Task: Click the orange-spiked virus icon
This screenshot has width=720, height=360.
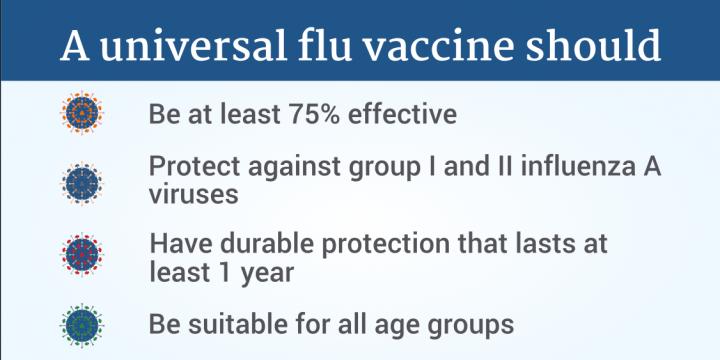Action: [82, 113]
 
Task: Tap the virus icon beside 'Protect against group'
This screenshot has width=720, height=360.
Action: [82, 184]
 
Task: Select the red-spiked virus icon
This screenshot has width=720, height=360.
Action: [82, 254]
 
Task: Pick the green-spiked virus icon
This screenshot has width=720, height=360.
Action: [82, 325]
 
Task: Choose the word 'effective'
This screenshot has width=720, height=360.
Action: [402, 114]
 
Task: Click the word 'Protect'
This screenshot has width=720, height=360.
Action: [195, 166]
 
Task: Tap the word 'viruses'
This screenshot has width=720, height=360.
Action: [194, 195]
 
